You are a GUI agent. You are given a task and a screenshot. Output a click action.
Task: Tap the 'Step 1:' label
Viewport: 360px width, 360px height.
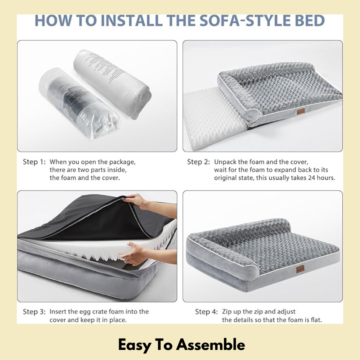(35, 162)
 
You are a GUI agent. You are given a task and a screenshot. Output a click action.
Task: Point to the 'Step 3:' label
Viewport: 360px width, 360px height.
(35, 312)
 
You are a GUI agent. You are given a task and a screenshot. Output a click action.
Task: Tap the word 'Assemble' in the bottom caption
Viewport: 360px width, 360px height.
(211, 345)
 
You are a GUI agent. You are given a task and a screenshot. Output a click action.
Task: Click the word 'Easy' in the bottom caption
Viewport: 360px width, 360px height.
(134, 345)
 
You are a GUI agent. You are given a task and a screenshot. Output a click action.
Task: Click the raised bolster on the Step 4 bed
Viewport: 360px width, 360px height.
(248, 230)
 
